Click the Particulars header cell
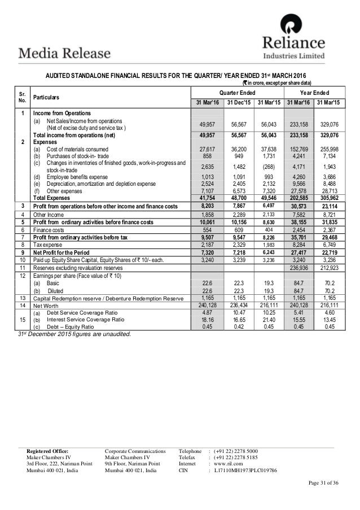coord(49,98)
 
